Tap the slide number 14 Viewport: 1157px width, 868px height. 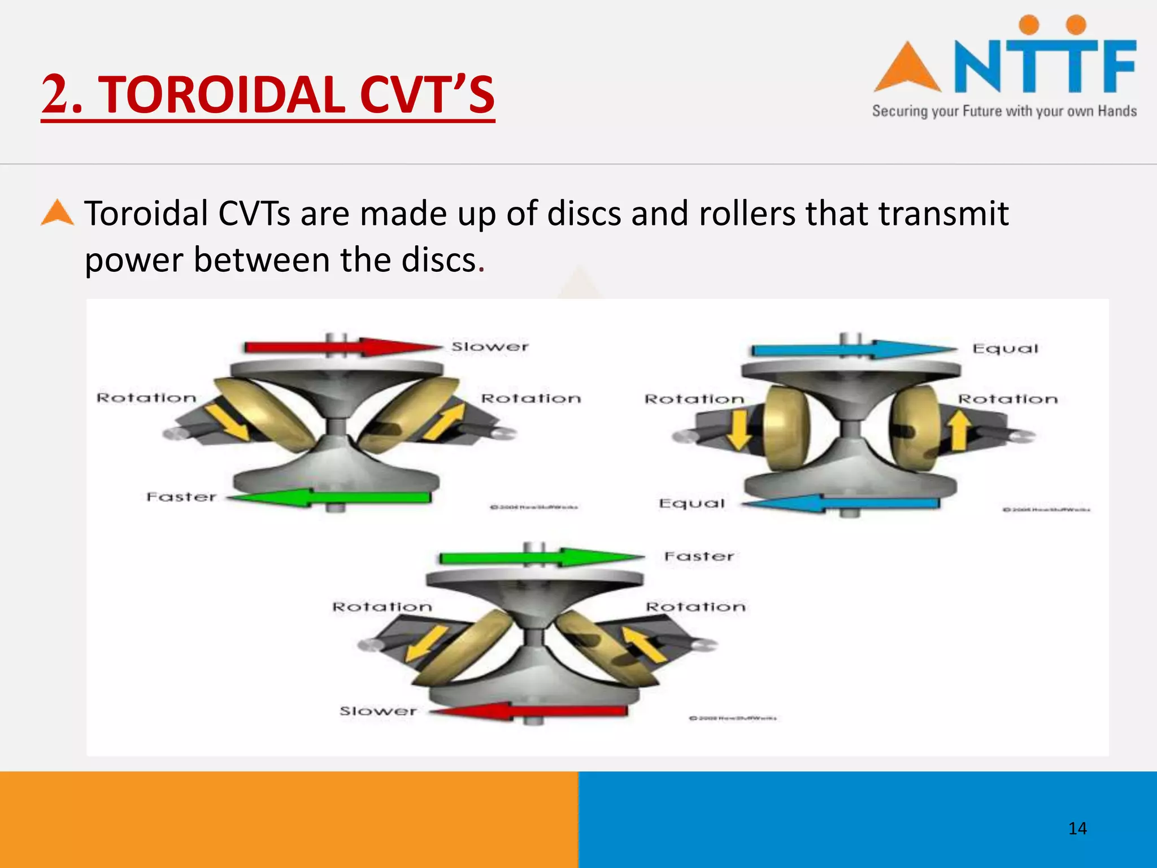pyautogui.click(x=1077, y=828)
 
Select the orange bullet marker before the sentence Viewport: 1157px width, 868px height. pyautogui.click(x=57, y=214)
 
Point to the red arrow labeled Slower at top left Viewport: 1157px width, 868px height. pyautogui.click(x=342, y=346)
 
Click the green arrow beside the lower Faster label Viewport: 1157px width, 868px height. pyautogui.click(x=330, y=497)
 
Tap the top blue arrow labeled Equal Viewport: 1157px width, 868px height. pyautogui.click(x=853, y=349)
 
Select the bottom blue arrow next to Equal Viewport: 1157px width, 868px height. pyautogui.click(x=842, y=502)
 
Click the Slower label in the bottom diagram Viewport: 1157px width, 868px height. pyautogui.click(x=378, y=711)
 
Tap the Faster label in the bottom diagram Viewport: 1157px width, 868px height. pyautogui.click(x=699, y=557)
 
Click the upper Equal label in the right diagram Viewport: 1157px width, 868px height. pyautogui.click(x=1005, y=349)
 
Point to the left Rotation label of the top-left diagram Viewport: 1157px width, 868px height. pyautogui.click(x=146, y=398)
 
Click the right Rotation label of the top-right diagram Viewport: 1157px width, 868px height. pyautogui.click(x=1007, y=400)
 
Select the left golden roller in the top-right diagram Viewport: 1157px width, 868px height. pyautogui.click(x=786, y=428)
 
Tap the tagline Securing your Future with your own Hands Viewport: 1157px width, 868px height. pyautogui.click(x=1004, y=111)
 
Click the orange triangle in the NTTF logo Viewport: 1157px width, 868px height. pyautogui.click(x=907, y=69)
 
